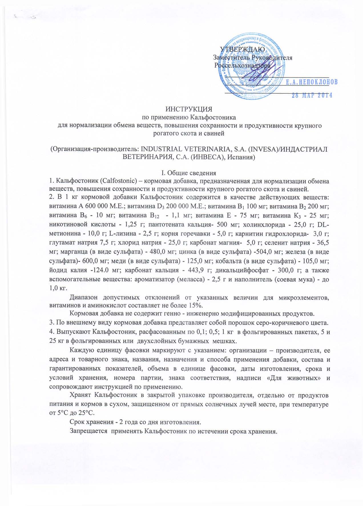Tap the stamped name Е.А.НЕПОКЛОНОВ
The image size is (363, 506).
coord(312,81)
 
